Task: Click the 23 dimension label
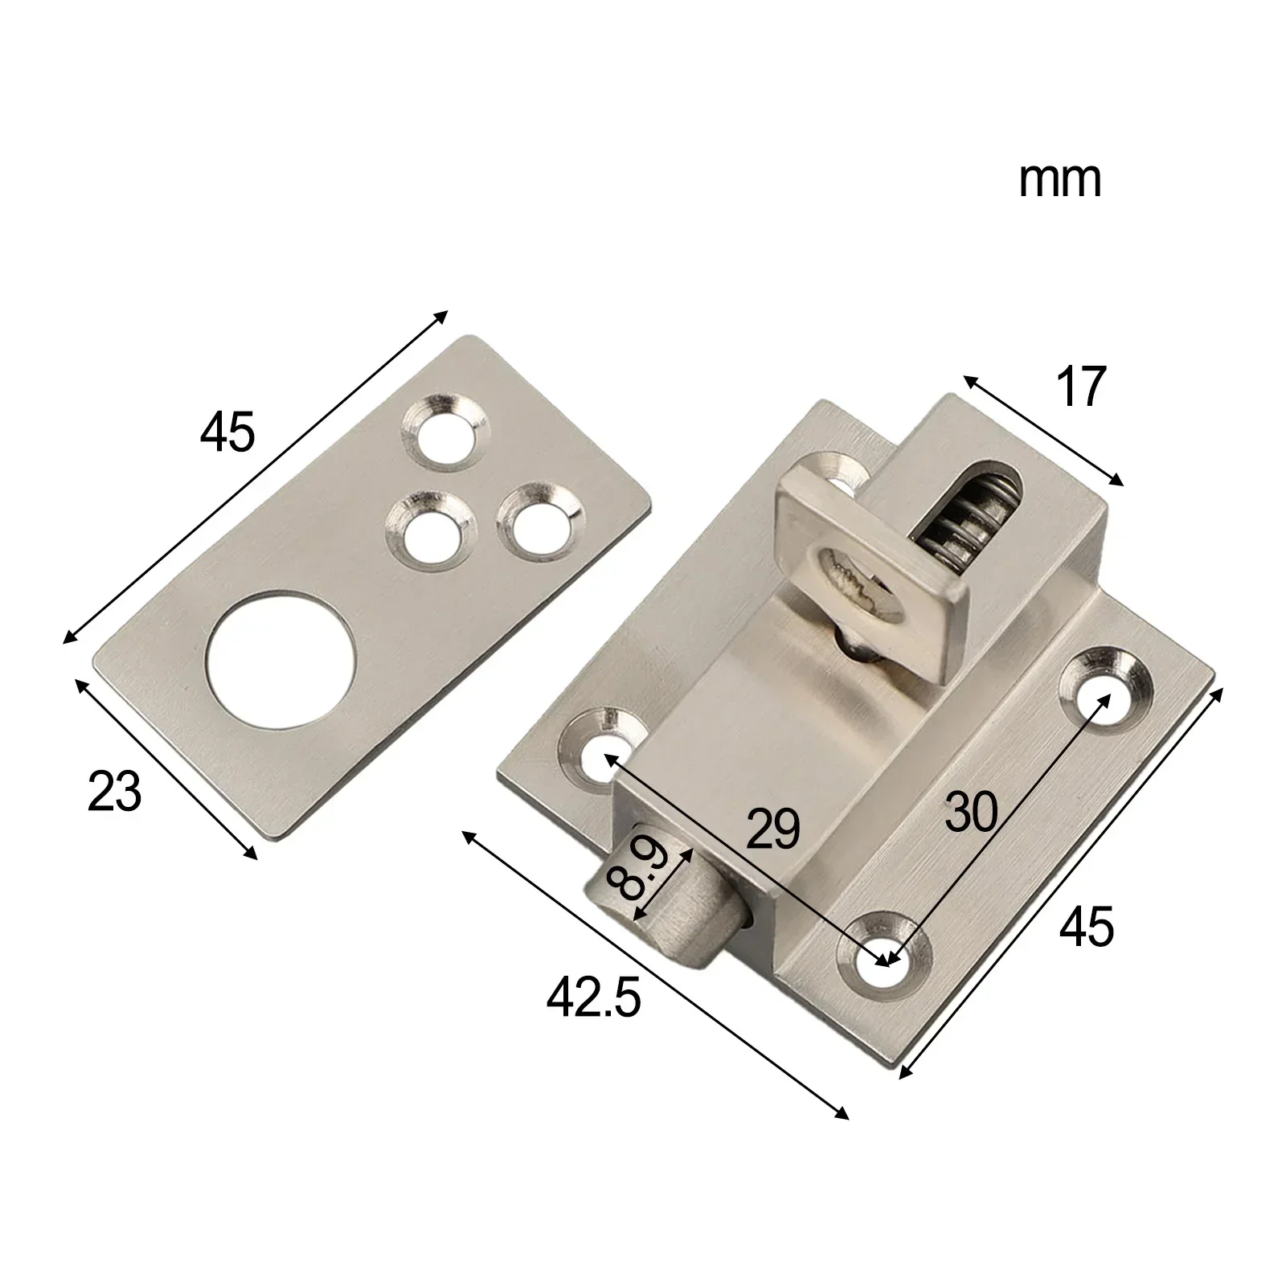point(114,791)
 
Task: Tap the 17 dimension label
point(1080,387)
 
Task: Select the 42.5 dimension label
point(594,999)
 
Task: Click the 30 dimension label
point(971,812)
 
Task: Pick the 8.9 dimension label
point(633,869)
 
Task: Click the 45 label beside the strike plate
point(227,432)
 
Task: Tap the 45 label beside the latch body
point(1087,926)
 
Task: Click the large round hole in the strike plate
point(281,660)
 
